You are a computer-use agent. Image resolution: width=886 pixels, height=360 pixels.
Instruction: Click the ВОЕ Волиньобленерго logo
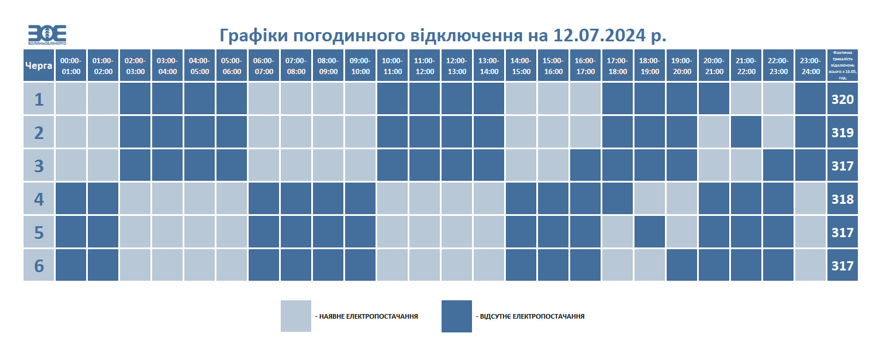[47, 35]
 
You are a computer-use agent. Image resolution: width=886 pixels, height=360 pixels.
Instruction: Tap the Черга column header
[39, 65]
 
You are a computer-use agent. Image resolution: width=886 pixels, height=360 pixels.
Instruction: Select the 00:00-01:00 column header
[71, 65]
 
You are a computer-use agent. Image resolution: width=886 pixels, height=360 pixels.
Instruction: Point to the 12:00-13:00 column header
[457, 65]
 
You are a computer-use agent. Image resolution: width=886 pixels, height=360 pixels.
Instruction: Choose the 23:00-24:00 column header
[810, 65]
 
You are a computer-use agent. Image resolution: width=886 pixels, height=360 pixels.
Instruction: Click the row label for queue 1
[39, 99]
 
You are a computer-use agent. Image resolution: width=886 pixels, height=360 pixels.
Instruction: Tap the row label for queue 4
[39, 199]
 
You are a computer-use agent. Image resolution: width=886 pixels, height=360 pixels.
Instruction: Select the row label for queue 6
[39, 266]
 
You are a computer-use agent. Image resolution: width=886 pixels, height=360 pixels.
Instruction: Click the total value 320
[842, 99]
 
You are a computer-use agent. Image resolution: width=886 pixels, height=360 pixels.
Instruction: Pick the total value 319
[842, 133]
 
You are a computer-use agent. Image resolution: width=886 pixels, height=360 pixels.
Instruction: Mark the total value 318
[842, 199]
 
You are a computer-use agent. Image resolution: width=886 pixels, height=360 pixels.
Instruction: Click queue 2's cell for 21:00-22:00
[746, 133]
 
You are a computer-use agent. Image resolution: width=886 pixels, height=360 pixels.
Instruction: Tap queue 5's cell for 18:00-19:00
[649, 233]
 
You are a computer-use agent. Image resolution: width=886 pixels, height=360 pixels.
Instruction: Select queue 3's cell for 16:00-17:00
[585, 166]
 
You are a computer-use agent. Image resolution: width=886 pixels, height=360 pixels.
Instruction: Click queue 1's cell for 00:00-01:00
[71, 99]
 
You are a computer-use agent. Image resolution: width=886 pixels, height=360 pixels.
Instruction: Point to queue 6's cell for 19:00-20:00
[682, 266]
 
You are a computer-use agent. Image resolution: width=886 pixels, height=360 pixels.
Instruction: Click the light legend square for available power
[296, 316]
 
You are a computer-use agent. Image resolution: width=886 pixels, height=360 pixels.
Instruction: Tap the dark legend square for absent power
[456, 316]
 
